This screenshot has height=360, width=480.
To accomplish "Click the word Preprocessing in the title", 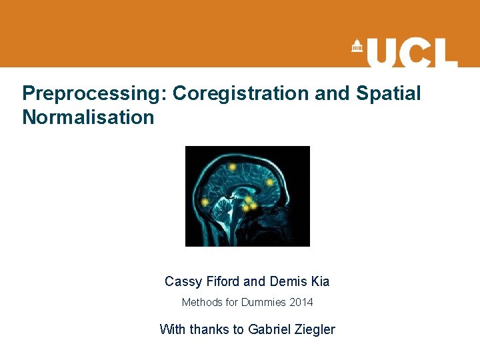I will point(94,93).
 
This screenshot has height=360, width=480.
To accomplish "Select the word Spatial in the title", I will point(388,93).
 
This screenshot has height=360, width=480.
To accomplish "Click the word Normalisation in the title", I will point(88,118).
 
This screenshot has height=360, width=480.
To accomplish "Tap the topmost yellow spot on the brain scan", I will point(232,167).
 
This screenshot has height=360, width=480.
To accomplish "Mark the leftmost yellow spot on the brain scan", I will point(205,201).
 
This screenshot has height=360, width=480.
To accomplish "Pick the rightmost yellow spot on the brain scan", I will point(270,182).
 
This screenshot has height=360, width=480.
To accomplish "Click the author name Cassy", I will point(183,282).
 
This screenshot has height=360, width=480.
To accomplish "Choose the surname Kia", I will point(319,282).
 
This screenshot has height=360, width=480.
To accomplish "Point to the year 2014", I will point(301,303).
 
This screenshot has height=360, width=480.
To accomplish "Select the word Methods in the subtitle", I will point(202,303).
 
